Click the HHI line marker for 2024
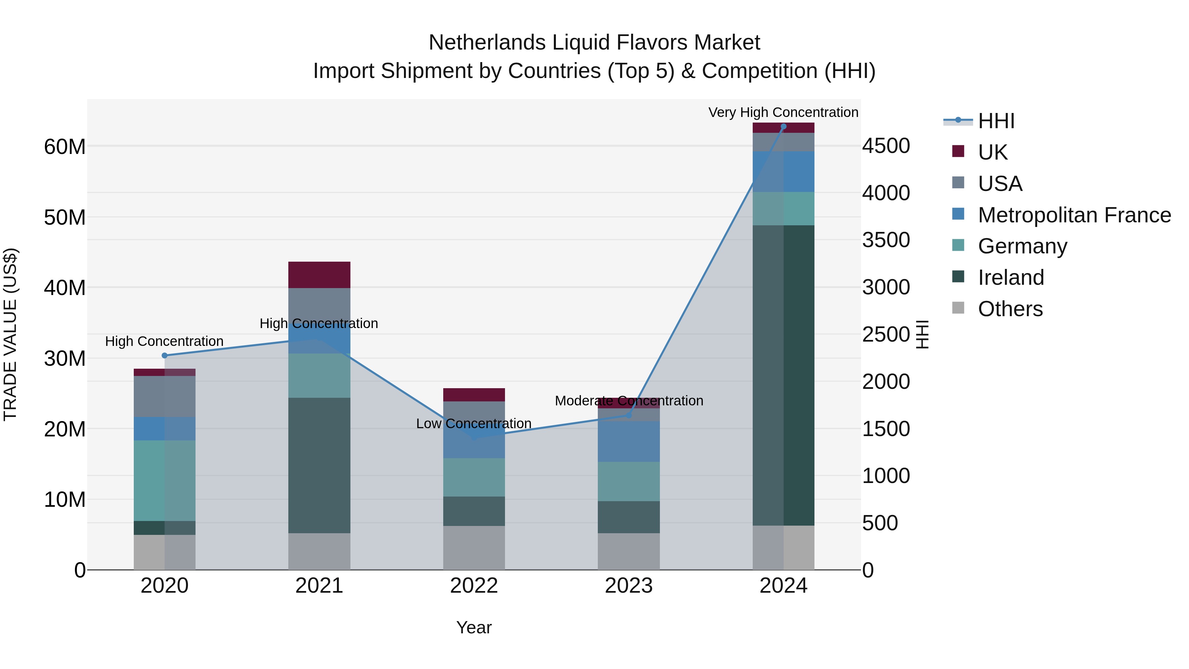pos(783,127)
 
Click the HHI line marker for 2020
pos(165,355)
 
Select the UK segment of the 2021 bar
pos(319,275)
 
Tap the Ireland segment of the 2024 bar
pos(783,375)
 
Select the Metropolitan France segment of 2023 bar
pos(629,441)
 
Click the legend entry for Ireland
pos(1011,278)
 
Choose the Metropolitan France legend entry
pos(1074,215)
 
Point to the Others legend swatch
pos(958,308)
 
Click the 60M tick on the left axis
pos(65,147)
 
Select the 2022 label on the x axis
pos(474,586)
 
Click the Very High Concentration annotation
pos(783,112)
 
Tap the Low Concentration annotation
pos(474,424)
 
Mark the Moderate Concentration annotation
pos(629,401)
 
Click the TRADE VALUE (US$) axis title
pos(10,334)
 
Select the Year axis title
pos(474,627)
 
